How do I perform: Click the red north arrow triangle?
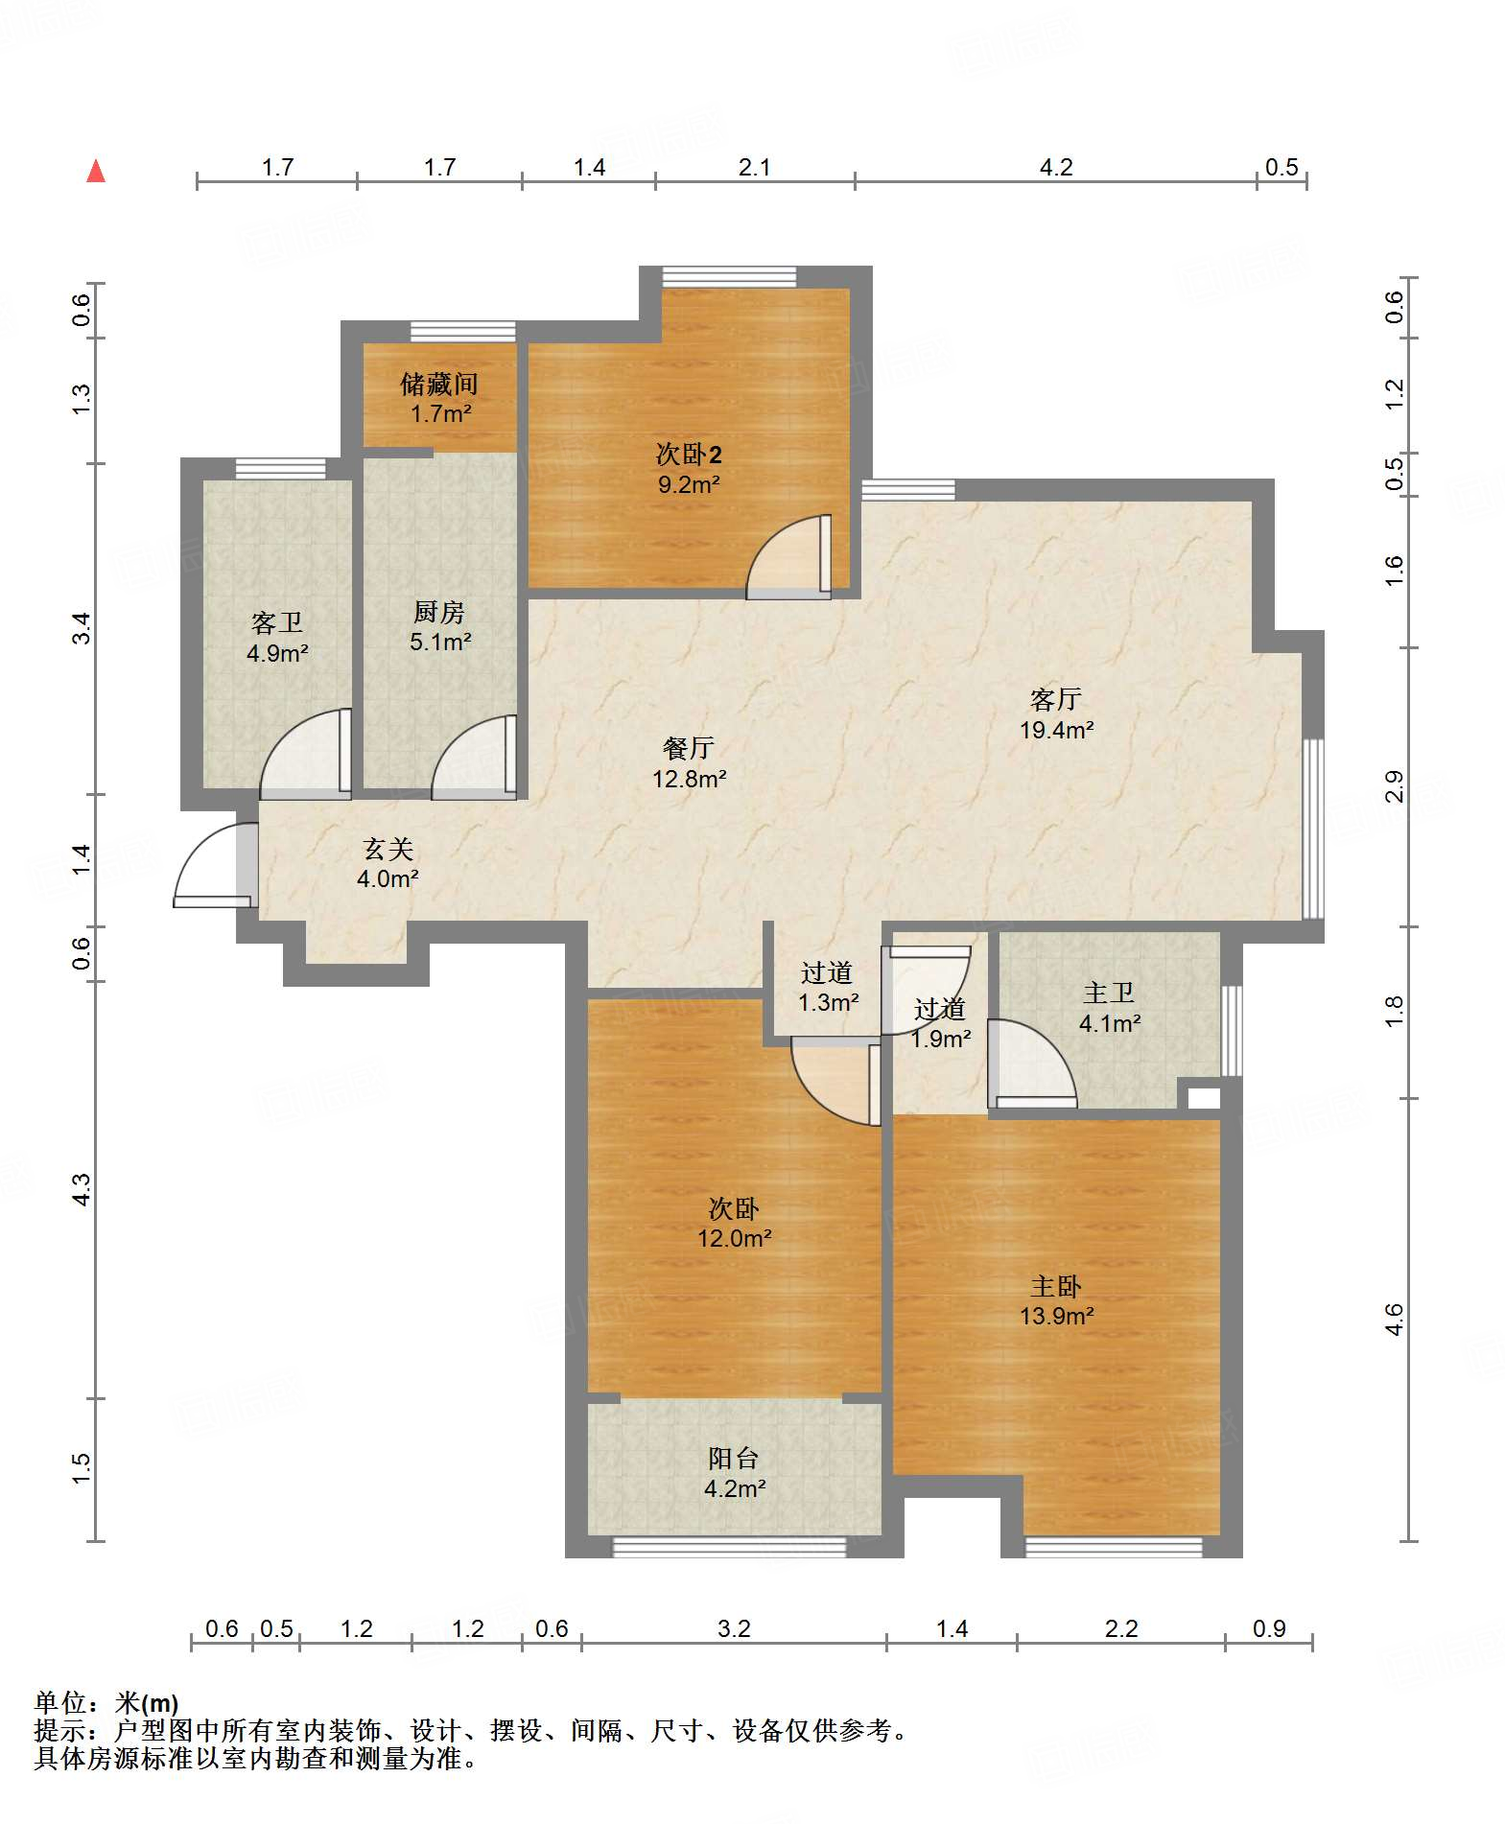pos(96,171)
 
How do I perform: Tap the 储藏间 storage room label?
pos(439,385)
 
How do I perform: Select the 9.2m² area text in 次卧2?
pos(689,484)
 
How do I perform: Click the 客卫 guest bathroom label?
pos(277,623)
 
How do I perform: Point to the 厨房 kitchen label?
pos(439,612)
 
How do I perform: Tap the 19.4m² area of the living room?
pos(1056,730)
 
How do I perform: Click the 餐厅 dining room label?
pos(689,748)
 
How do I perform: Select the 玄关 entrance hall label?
pos(388,849)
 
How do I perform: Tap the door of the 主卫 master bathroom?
pos(1032,1064)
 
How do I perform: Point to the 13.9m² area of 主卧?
pos(1056,1316)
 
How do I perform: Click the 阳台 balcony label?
pos(734,1459)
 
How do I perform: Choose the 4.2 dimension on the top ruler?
pos(1056,167)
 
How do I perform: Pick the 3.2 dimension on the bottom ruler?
pos(734,1628)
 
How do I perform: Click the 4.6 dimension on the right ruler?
pos(1395,1319)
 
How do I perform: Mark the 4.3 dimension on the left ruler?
pos(82,1189)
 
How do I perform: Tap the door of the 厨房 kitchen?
pos(475,758)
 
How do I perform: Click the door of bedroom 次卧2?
pos(789,557)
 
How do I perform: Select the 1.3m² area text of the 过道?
pos(828,1002)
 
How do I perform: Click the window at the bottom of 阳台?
pos(730,1547)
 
